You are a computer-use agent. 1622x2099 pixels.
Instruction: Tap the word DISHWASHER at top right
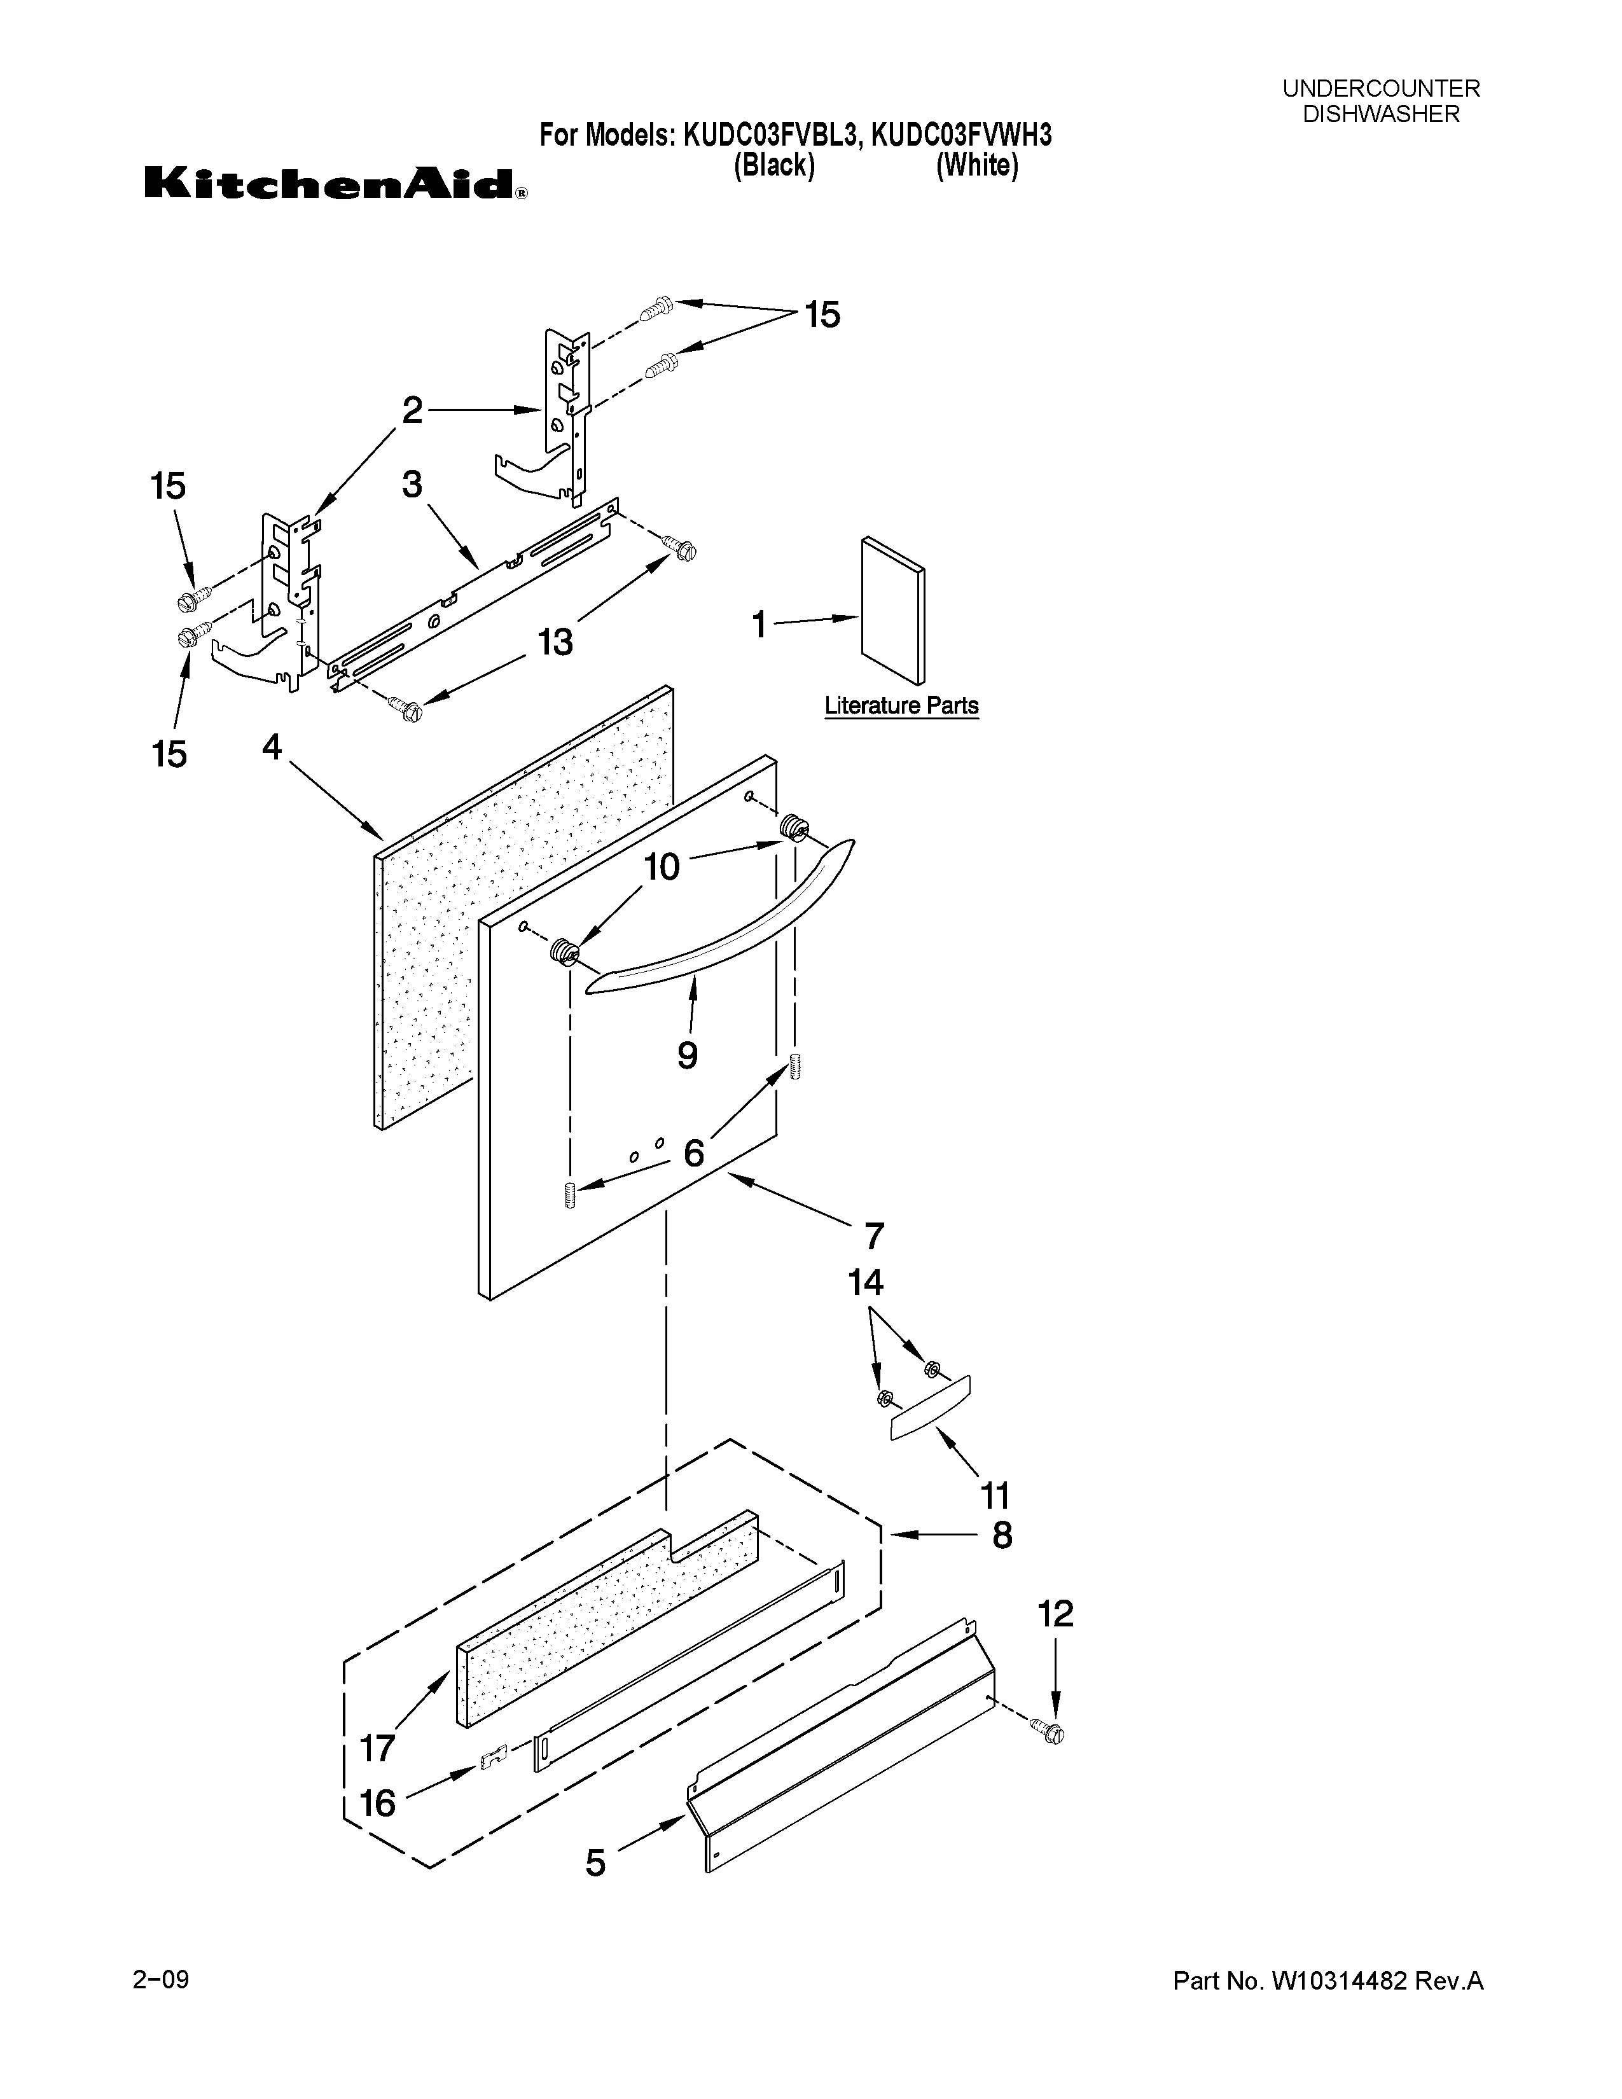pyautogui.click(x=1381, y=114)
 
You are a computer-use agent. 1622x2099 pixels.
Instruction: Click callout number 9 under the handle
pyautogui.click(x=687, y=1055)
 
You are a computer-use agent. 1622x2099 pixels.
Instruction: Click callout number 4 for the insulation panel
pyautogui.click(x=273, y=747)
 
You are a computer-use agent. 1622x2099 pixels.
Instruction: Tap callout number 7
pyautogui.click(x=873, y=1236)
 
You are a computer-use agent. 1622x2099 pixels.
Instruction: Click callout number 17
pyautogui.click(x=378, y=1747)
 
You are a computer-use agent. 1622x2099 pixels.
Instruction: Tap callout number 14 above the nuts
pyautogui.click(x=866, y=1282)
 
